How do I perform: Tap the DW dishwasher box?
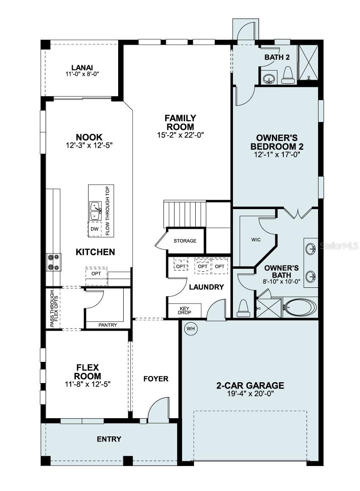pos(94,229)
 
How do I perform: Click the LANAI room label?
pos(82,67)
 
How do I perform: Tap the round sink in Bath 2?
pos(268,79)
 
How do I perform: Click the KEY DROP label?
pos(185,311)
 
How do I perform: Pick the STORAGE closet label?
pos(185,241)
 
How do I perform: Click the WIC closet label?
pos(256,240)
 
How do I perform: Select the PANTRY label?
pos(108,325)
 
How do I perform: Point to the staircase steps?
pos(185,214)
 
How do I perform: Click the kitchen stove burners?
pos(54,262)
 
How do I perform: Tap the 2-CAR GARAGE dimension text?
pos(250,393)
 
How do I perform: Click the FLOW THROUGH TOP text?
pos(107,210)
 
